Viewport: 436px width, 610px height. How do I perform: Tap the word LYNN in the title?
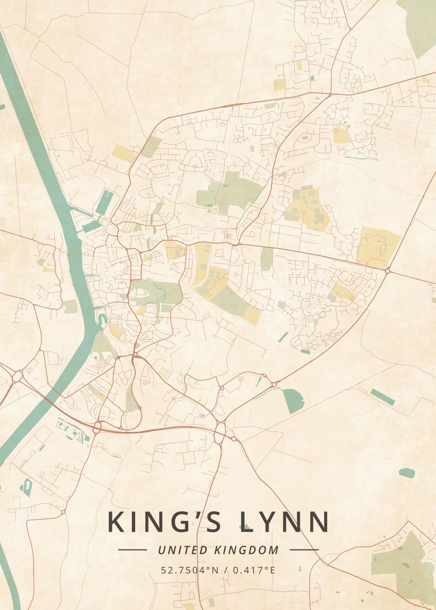click(285, 522)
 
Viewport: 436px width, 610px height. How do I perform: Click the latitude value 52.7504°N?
click(189, 570)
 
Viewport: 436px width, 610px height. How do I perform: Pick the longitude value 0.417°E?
click(254, 570)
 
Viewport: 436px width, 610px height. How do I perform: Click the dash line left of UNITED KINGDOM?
click(132, 550)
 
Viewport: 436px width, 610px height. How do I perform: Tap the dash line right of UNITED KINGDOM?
click(304, 550)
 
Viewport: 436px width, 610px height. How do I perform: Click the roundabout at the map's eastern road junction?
click(388, 271)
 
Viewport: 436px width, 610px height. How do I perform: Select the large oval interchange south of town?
click(220, 431)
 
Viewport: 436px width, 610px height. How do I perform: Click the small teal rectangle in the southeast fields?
click(383, 397)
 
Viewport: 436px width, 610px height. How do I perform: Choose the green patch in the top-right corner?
click(418, 25)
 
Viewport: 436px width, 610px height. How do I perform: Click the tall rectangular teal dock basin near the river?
click(104, 202)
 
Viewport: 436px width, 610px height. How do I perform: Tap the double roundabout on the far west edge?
click(17, 377)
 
